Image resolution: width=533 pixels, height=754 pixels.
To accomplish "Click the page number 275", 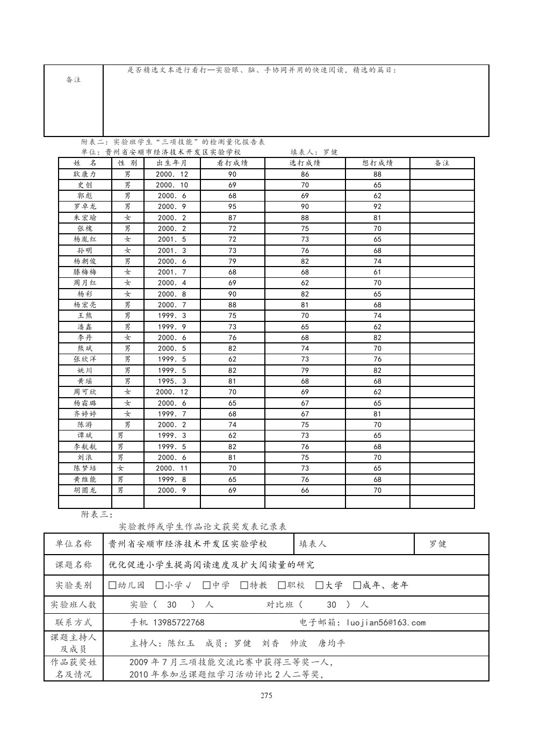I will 266,695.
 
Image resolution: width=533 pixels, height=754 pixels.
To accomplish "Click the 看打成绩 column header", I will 232,163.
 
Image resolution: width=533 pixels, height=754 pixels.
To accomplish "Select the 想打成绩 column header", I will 377,163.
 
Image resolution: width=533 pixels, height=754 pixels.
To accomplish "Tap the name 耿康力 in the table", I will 85,174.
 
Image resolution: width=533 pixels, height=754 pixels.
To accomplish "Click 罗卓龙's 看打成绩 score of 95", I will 232,206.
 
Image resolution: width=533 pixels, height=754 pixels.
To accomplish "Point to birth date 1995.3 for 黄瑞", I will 172,381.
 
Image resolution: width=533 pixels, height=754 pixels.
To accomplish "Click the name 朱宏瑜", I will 85,218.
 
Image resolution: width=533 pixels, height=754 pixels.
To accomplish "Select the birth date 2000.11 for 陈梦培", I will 172,468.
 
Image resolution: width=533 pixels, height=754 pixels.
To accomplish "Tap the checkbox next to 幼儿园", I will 112,585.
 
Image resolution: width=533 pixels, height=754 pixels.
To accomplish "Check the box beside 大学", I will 320,585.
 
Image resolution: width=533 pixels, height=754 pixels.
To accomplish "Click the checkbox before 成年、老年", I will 357,585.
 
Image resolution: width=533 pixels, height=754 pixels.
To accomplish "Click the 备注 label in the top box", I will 73,80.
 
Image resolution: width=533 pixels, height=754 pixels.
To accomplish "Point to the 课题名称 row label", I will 74,565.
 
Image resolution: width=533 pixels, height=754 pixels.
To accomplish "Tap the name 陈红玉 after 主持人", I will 181,643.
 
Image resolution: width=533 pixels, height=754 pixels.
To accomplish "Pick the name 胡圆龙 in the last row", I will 85,490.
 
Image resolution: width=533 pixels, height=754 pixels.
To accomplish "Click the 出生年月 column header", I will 172,163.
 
